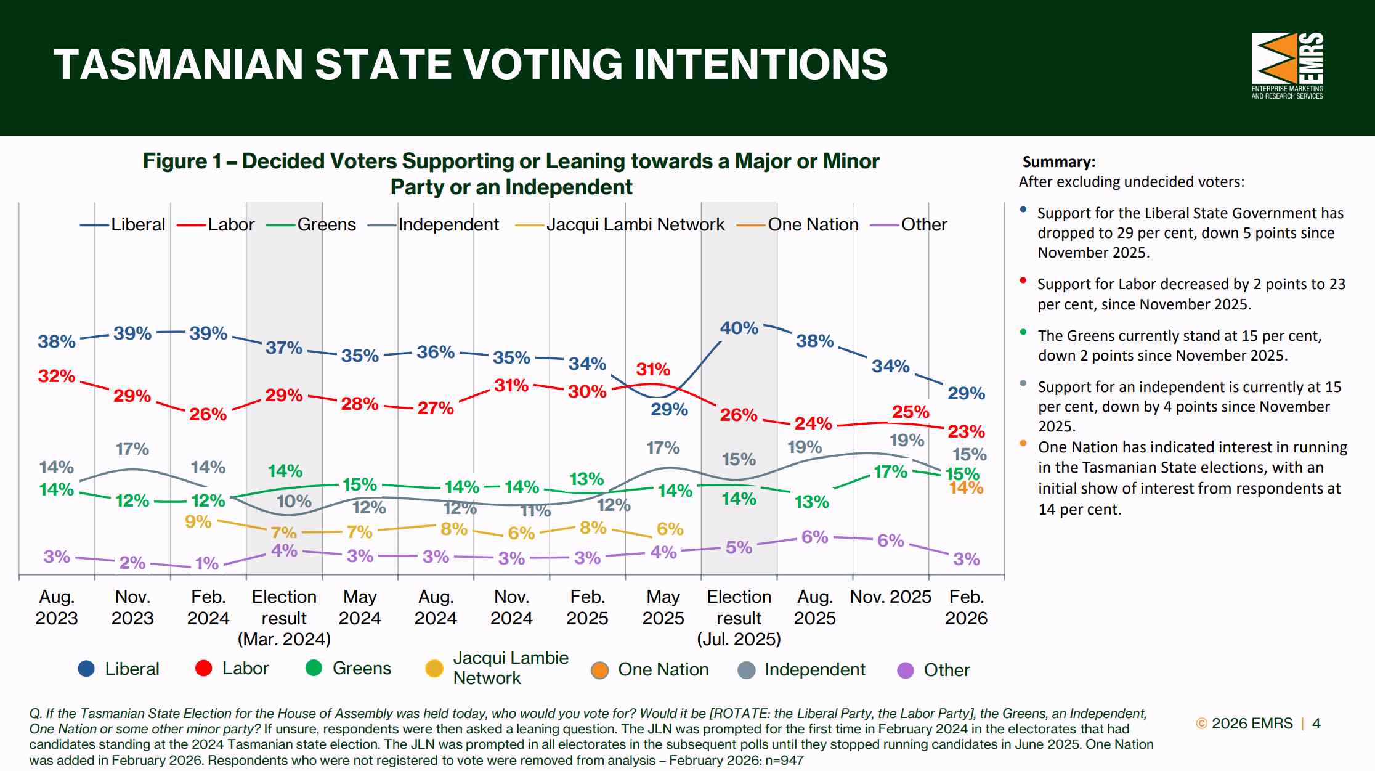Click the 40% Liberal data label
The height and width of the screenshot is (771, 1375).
pyautogui.click(x=739, y=328)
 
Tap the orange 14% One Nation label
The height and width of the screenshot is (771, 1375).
pyautogui.click(x=966, y=488)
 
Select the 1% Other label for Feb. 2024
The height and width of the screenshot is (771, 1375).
pyautogui.click(x=207, y=563)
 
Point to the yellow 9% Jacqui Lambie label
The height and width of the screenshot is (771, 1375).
pyautogui.click(x=198, y=522)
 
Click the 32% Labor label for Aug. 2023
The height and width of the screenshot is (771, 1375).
pyautogui.click(x=57, y=376)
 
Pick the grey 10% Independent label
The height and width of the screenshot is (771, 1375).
pyautogui.click(x=294, y=502)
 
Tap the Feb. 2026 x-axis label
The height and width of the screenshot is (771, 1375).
pyautogui.click(x=966, y=607)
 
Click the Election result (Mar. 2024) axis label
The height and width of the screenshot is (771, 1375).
pyautogui.click(x=284, y=618)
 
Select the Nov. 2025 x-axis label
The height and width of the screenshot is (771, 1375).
pyautogui.click(x=890, y=597)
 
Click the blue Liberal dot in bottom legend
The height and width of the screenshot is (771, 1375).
pyautogui.click(x=86, y=669)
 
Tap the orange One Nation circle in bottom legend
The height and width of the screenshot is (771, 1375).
pyautogui.click(x=599, y=670)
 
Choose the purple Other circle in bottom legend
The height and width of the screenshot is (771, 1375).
pyautogui.click(x=906, y=670)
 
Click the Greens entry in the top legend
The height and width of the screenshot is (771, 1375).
pyautogui.click(x=311, y=224)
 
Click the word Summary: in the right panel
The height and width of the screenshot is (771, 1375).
pyautogui.click(x=1059, y=162)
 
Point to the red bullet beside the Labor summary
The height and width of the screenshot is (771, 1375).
pyautogui.click(x=1023, y=280)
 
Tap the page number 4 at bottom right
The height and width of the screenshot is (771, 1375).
pyautogui.click(x=1316, y=724)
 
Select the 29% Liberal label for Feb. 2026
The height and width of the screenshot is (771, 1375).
pyautogui.click(x=966, y=393)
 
